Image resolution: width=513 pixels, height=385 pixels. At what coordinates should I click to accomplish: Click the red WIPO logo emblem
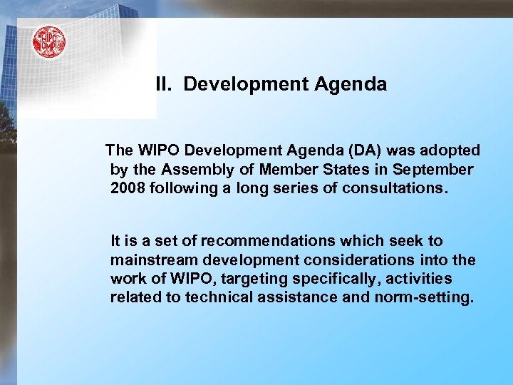point(48,42)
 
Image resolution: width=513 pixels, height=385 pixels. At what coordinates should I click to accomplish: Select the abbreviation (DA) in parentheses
point(369,150)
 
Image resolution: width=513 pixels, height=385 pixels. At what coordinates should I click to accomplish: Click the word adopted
point(450,150)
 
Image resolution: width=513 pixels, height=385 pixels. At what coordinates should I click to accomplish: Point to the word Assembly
point(197,170)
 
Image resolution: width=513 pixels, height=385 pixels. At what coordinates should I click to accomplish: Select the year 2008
point(127,189)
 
